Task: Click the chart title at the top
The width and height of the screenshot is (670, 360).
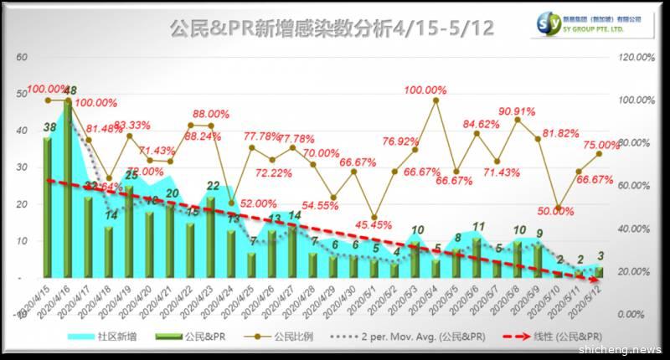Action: [332, 28]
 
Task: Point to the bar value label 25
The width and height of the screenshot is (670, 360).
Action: [131, 176]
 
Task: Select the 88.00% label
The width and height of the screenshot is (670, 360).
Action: [211, 114]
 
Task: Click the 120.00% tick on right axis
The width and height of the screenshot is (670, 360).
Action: [635, 57]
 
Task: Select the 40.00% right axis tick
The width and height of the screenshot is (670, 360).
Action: [635, 229]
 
